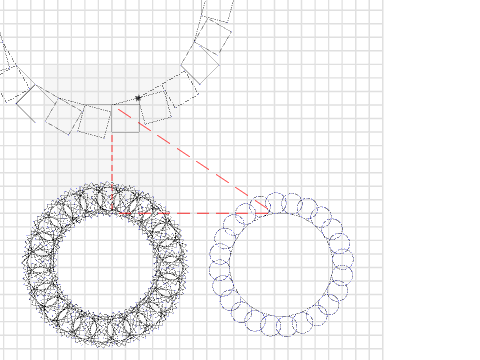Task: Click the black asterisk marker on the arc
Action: click(x=138, y=98)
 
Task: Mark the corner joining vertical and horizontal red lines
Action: click(x=112, y=212)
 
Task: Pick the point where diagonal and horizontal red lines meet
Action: click(x=269, y=211)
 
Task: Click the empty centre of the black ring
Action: click(x=105, y=264)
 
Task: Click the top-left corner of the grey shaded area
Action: click(x=44, y=66)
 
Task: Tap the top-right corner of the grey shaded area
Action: click(x=180, y=66)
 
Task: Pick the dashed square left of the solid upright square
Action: click(x=94, y=121)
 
